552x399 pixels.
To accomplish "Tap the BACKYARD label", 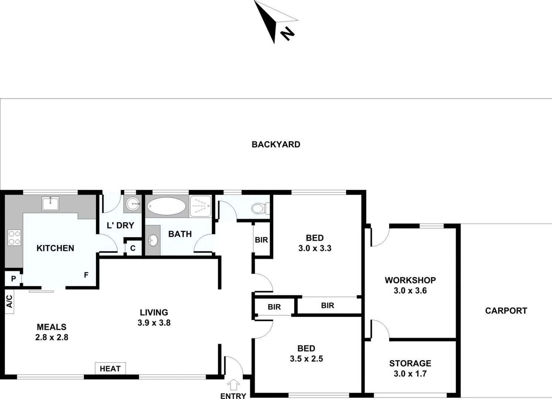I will [276, 144].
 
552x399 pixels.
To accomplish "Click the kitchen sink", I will [50, 204].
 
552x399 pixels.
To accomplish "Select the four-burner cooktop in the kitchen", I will [14, 238].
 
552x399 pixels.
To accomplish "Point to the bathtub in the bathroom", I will [167, 206].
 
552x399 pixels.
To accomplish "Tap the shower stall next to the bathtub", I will [200, 206].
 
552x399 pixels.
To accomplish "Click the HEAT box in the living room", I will [110, 368].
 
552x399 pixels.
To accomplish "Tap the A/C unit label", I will [10, 301].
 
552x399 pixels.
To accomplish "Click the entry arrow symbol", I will [233, 385].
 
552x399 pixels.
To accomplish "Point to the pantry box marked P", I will [13, 279].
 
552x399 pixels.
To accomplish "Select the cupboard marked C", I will [133, 248].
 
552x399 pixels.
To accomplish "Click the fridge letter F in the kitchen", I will [86, 275].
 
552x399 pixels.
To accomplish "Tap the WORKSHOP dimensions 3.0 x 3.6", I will [410, 291].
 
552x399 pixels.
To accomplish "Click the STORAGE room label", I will [410, 363].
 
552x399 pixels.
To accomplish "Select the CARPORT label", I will [506, 311].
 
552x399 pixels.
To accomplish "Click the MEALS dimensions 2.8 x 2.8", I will [52, 337].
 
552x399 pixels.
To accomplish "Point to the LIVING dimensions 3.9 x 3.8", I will [154, 323].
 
